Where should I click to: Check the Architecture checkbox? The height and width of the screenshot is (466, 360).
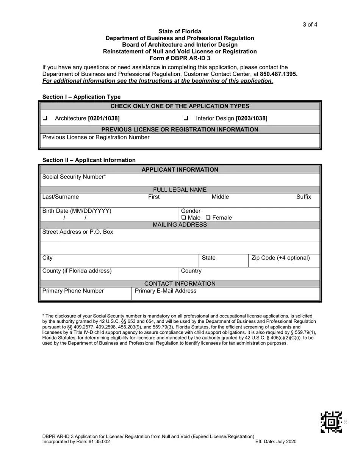(x=45, y=118)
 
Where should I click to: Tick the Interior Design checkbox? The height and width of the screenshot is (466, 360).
(x=186, y=118)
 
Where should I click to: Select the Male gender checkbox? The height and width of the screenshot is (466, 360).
(x=183, y=217)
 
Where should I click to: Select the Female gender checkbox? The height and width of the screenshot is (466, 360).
(x=208, y=217)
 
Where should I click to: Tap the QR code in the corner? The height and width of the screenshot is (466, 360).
(x=331, y=422)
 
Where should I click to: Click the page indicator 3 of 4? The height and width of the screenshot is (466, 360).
(x=310, y=25)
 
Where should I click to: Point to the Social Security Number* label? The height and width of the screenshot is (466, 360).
(x=74, y=177)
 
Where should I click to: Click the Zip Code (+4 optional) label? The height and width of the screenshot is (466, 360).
(x=280, y=258)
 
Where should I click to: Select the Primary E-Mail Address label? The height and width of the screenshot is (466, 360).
(x=166, y=291)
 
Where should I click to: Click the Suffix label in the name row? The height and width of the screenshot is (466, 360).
(x=304, y=197)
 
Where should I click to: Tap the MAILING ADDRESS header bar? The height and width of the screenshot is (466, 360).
(x=180, y=225)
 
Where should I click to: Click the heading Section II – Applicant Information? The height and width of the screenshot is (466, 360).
(x=89, y=160)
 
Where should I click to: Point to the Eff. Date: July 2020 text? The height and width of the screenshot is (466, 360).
(x=276, y=442)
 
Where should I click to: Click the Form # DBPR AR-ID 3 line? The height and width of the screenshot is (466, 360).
(x=180, y=58)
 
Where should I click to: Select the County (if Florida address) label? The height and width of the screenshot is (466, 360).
(x=77, y=271)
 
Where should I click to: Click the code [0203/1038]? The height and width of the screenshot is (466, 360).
(x=251, y=119)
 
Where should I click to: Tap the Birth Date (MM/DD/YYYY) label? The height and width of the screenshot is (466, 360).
(x=77, y=211)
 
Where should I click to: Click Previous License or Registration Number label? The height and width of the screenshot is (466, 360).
(x=96, y=138)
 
